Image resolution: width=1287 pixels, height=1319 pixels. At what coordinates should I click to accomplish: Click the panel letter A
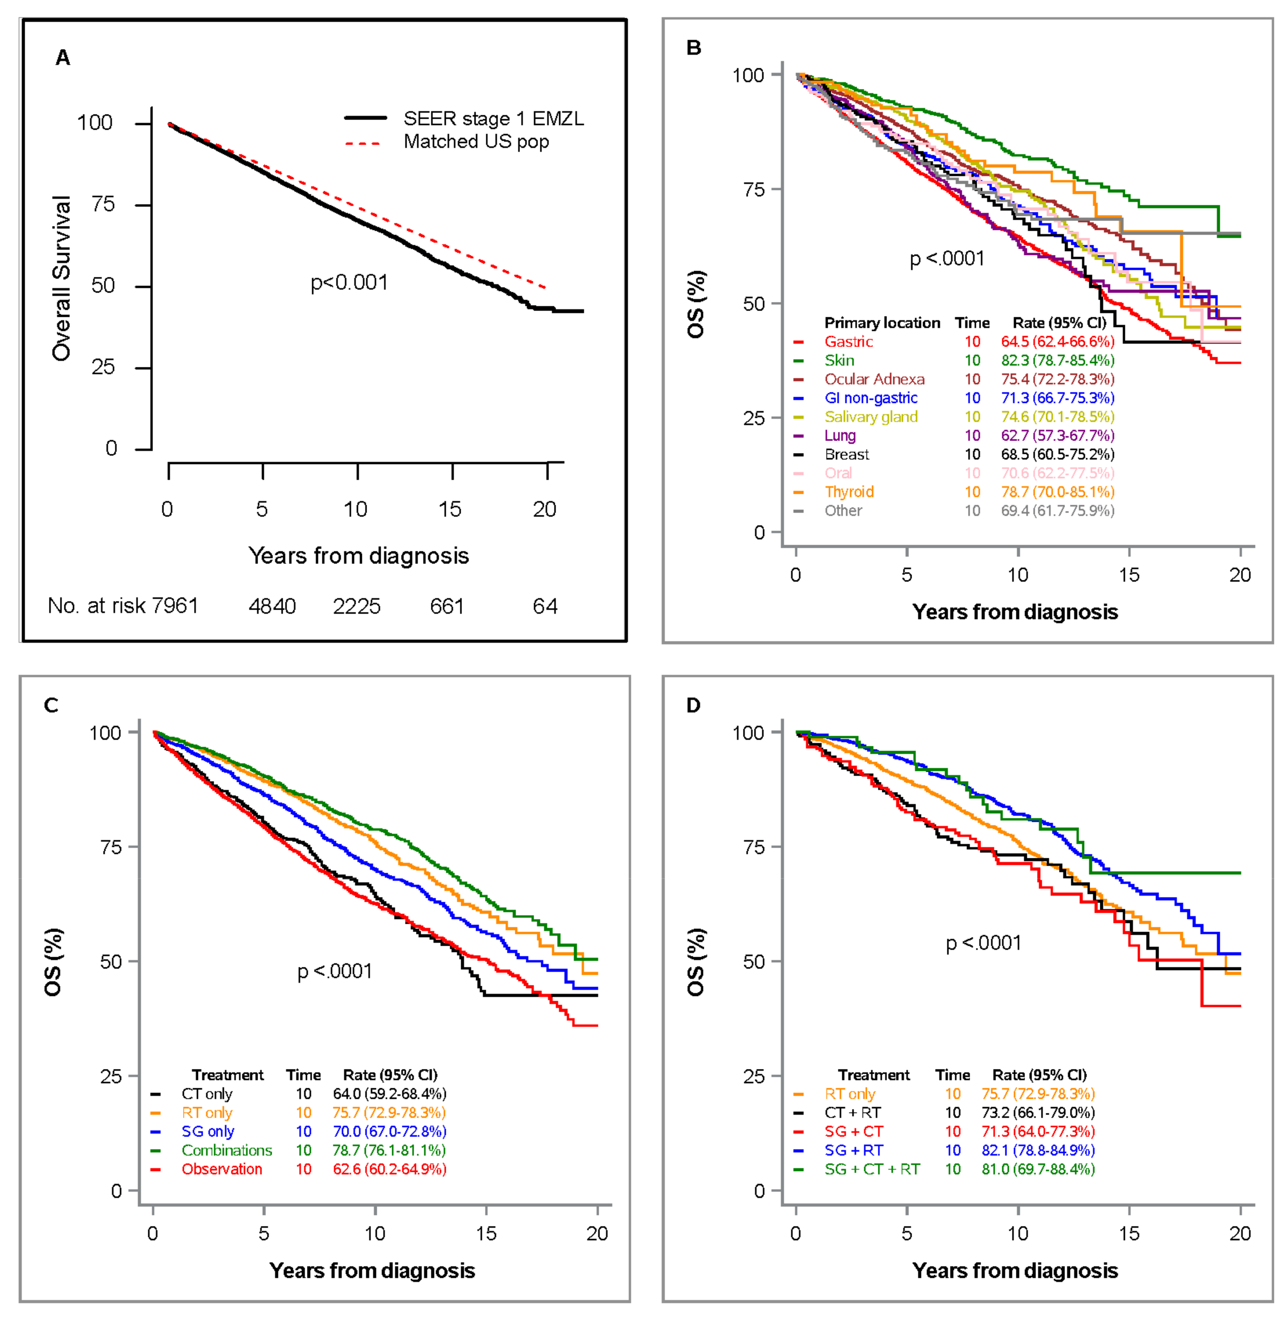63,58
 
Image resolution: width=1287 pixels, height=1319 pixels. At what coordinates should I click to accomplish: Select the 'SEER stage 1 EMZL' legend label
493,119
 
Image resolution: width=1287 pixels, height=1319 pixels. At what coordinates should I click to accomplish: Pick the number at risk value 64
545,606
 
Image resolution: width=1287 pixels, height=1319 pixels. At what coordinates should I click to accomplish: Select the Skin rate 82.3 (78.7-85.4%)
1057,360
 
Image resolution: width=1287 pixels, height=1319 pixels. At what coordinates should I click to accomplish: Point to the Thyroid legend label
849,492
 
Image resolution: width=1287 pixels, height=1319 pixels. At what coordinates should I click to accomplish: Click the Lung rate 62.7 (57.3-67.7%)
1057,435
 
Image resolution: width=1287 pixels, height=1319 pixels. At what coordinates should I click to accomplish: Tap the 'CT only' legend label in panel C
207,1094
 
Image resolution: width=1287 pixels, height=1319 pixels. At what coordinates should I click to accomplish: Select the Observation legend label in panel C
222,1169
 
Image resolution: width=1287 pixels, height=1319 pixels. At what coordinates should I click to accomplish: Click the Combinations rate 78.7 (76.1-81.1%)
390,1150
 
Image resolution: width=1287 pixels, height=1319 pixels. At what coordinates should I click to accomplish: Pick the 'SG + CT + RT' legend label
872,1169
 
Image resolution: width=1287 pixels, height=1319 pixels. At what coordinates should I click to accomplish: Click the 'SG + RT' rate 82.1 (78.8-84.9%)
1038,1150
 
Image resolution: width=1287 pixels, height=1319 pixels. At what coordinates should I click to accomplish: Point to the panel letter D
694,706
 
